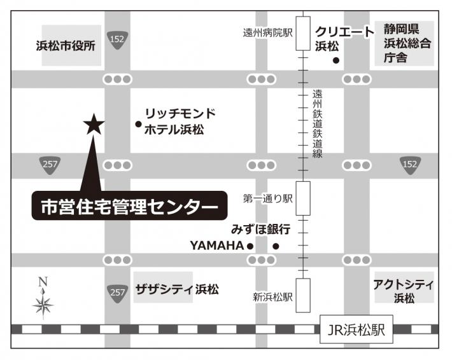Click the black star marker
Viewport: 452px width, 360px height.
click(94, 124)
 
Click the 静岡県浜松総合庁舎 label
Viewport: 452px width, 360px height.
click(408, 43)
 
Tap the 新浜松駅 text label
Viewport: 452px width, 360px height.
click(272, 297)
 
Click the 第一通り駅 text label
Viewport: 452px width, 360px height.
click(267, 199)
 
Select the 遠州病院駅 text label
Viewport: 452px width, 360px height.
click(267, 32)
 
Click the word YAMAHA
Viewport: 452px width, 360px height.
click(216, 245)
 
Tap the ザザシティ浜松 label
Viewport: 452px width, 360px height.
click(177, 289)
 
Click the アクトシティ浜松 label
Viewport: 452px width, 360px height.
click(404, 290)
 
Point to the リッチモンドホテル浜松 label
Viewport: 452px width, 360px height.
click(180, 121)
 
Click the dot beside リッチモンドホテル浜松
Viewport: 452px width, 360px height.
click(138, 125)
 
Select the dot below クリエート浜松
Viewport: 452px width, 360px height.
click(336, 61)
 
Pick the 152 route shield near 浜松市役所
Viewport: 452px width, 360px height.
click(117, 38)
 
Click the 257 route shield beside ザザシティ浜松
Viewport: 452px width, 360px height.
click(117, 292)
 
